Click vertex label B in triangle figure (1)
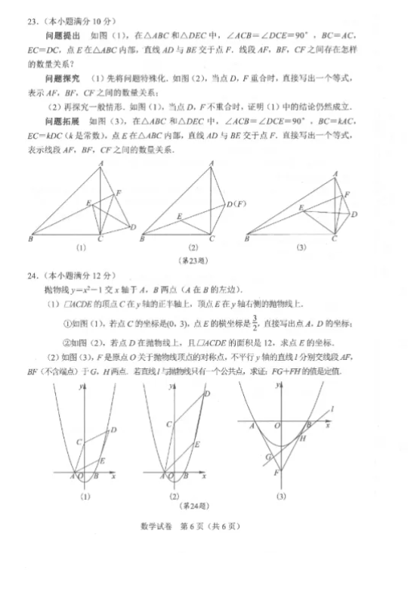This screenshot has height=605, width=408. [29, 240]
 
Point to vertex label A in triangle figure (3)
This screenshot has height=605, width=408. [336, 174]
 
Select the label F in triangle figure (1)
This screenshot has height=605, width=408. [119, 194]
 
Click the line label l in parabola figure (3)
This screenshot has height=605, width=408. [332, 409]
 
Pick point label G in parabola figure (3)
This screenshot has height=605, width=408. [267, 457]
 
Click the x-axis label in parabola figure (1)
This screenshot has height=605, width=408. [113, 478]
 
